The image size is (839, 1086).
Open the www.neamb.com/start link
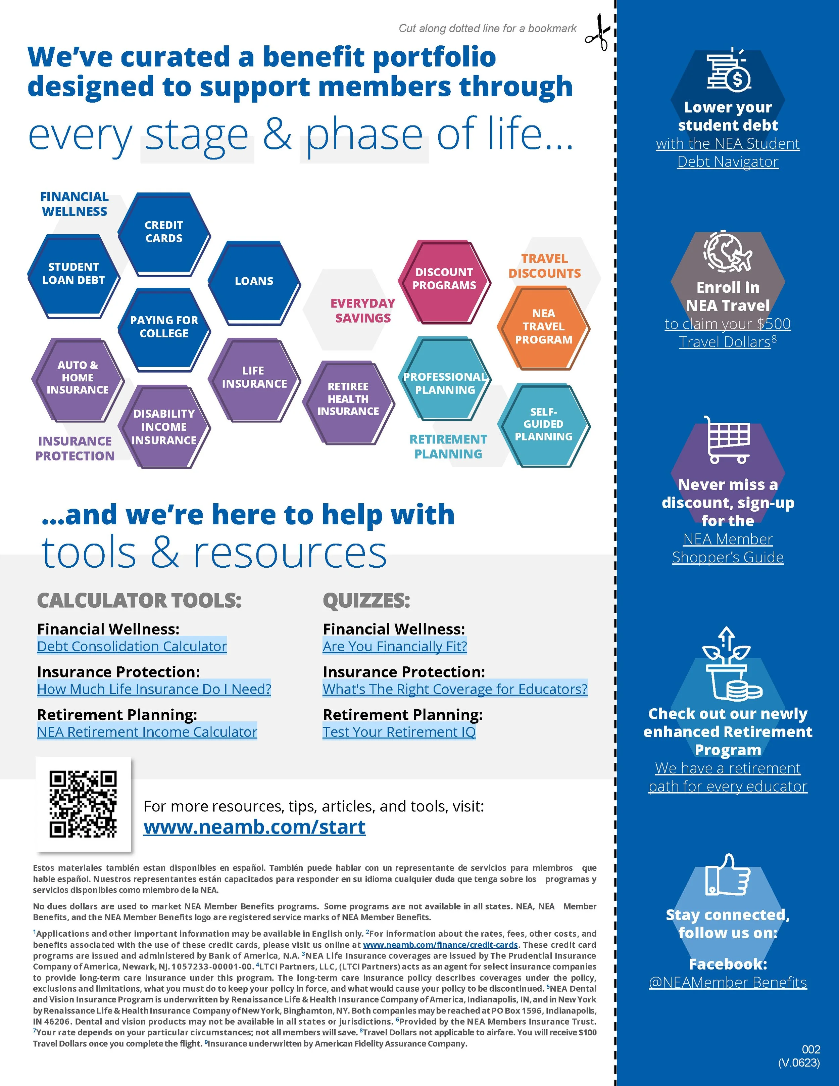[x=254, y=828]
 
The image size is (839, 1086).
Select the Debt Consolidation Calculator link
[x=132, y=647]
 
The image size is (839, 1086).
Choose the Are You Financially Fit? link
[x=395, y=647]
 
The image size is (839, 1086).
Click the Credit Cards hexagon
[x=164, y=233]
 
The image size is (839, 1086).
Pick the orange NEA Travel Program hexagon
[x=543, y=327]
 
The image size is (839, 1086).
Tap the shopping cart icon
[x=728, y=439]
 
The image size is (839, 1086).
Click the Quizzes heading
[x=366, y=601]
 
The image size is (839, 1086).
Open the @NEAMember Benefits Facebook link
[x=728, y=983]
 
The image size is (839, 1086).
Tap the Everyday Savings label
[x=363, y=311]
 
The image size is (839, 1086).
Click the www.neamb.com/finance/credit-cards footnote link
[x=440, y=945]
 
